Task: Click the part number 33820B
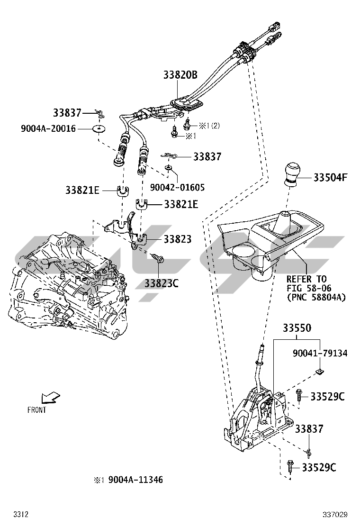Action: (180, 74)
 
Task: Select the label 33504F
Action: (330, 178)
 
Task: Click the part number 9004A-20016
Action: (48, 128)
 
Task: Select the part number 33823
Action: (178, 239)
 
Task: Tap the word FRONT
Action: (37, 410)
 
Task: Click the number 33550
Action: (297, 328)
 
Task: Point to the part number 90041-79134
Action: (320, 353)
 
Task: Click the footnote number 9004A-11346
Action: (135, 480)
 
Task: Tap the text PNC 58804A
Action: (316, 297)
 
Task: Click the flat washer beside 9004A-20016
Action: (99, 129)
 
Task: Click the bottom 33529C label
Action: (319, 468)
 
